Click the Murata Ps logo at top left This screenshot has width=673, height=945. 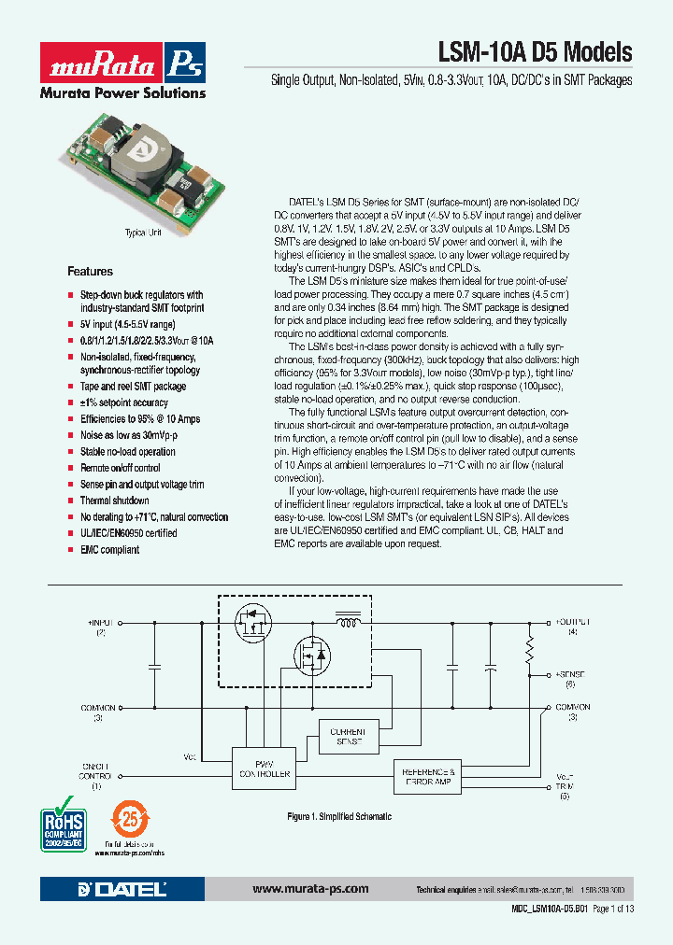click(122, 64)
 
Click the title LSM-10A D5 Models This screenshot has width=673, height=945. click(535, 52)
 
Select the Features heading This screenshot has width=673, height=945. click(90, 271)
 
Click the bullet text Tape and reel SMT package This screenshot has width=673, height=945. click(133, 386)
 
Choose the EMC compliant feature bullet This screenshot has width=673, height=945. click(109, 550)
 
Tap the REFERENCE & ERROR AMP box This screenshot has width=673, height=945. click(428, 775)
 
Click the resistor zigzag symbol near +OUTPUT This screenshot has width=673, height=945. click(529, 647)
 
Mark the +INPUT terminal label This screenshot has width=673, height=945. click(100, 621)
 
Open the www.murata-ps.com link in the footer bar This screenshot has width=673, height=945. click(310, 889)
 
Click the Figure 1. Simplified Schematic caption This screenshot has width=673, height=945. click(338, 817)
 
